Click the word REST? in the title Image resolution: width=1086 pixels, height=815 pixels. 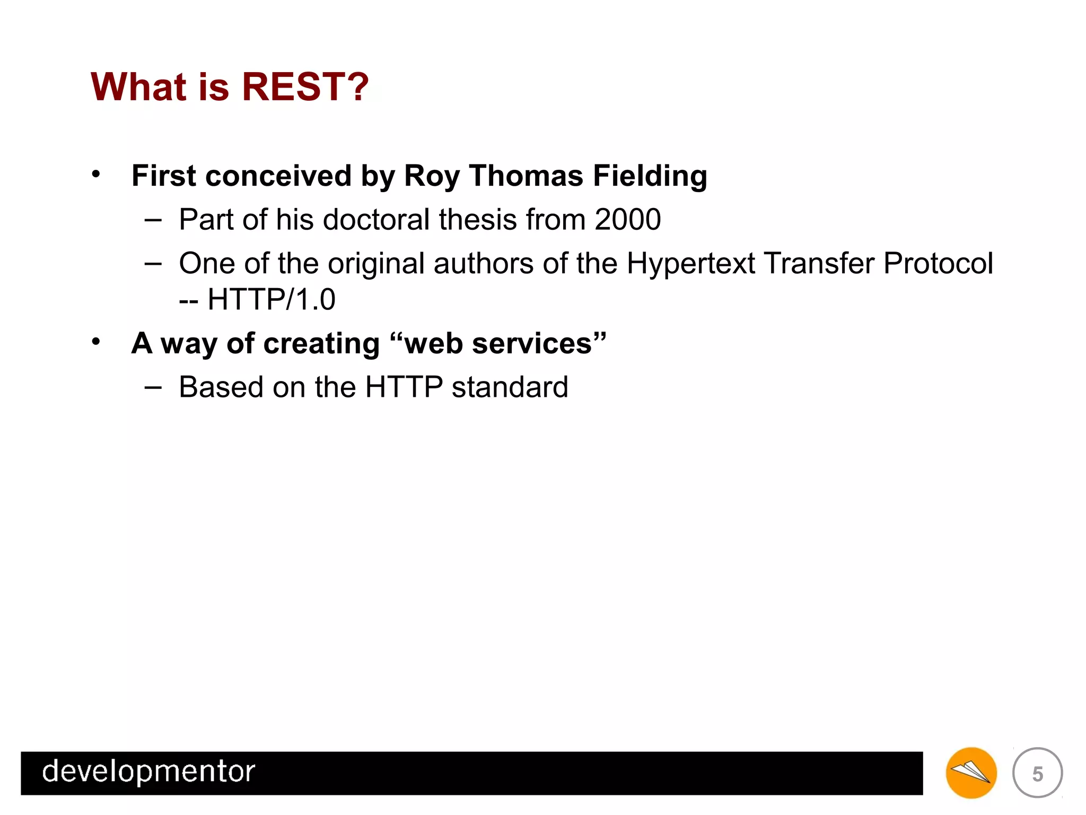[305, 86]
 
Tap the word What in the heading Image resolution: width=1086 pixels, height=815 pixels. [139, 86]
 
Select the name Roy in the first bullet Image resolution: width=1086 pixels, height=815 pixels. [431, 176]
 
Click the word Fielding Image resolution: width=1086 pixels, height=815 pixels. [650, 176]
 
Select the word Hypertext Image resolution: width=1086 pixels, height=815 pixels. [690, 264]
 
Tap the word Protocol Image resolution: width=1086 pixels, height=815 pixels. [938, 263]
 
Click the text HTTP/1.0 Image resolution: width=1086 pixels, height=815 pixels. [271, 299]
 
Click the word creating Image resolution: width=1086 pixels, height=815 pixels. [321, 344]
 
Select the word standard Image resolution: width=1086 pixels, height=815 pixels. [510, 387]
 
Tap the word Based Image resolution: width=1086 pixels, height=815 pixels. [221, 387]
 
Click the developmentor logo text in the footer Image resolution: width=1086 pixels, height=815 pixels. [148, 771]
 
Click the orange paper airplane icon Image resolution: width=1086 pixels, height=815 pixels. [971, 773]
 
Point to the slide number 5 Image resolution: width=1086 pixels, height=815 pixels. [1037, 774]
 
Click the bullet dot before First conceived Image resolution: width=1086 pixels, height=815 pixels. [95, 175]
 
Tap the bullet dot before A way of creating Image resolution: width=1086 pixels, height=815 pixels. [95, 342]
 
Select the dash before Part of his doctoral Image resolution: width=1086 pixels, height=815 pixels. [153, 219]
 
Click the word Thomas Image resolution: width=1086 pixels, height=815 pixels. [526, 176]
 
